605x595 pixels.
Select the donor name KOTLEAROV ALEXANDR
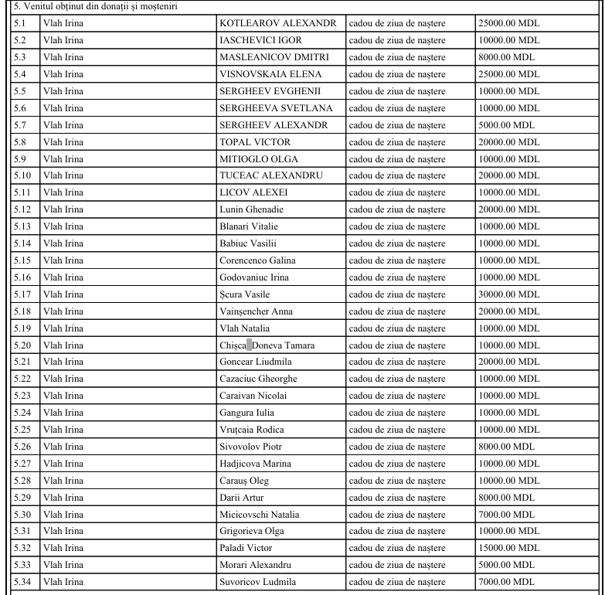pos(277,23)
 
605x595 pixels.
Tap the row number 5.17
pos(23,294)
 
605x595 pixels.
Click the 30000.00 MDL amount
pos(508,294)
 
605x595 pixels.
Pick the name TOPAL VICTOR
pos(255,142)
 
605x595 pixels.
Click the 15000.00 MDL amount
pos(508,548)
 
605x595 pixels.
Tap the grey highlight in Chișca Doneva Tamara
pos(249,345)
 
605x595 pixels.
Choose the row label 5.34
pos(23,582)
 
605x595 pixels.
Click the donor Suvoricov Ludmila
pos(257,582)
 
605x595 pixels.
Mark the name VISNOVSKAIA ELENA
pos(270,74)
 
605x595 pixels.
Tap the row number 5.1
pos(21,23)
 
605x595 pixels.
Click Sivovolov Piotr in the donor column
pos(251,447)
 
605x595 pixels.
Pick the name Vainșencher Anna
pos(256,311)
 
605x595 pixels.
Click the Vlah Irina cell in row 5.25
pos(64,430)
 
